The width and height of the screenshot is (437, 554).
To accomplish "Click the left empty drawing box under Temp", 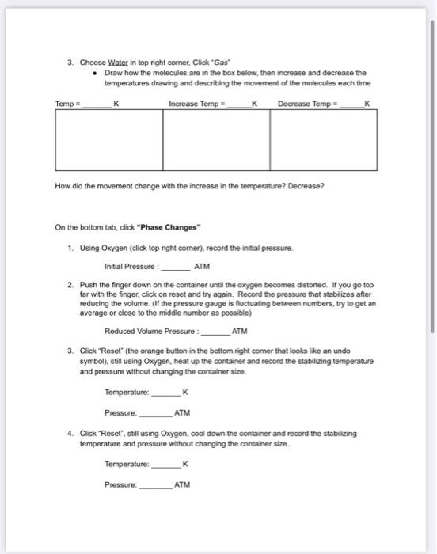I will (x=108, y=141).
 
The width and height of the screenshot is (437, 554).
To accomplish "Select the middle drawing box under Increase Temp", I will (x=216, y=141).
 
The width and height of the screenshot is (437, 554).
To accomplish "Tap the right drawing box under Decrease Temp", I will (x=324, y=141).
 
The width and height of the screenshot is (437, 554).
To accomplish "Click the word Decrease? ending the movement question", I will (x=306, y=187).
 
